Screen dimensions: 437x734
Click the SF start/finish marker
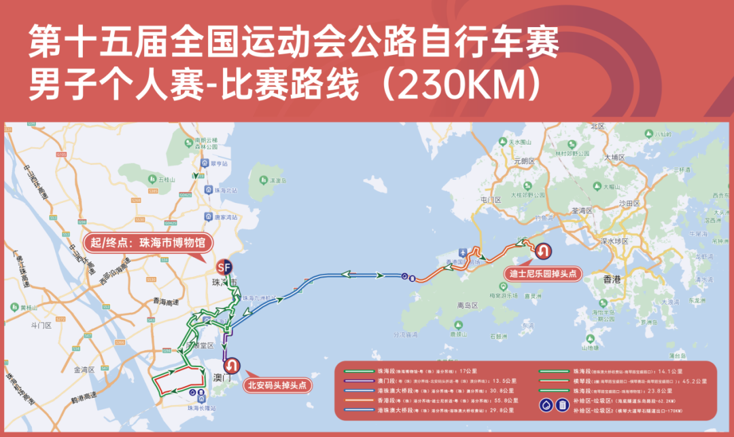click(224, 266)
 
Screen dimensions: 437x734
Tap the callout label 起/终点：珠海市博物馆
click(148, 243)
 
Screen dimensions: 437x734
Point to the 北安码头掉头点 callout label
click(277, 385)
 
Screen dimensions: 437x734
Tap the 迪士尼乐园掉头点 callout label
click(542, 275)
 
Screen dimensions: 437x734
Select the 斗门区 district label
click(41, 326)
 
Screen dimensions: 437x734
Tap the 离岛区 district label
click(468, 305)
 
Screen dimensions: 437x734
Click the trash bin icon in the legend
click(563, 405)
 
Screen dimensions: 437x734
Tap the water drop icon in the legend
click(546, 405)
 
